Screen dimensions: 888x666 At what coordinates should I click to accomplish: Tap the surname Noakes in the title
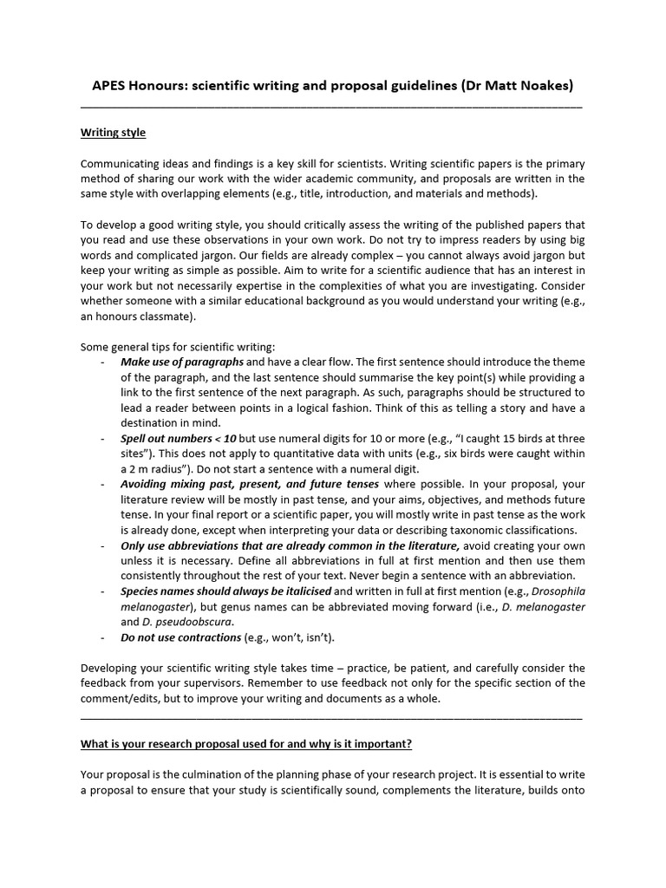pos(541,86)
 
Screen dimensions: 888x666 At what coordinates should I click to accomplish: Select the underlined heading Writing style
pos(113,133)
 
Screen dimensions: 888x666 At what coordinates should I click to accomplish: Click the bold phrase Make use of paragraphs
pos(182,362)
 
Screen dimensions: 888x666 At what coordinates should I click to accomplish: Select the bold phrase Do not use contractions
pos(180,637)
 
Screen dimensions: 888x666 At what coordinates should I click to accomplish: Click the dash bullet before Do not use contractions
pos(103,637)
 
